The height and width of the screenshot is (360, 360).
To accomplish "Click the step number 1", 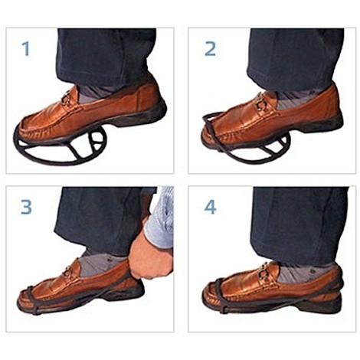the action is [x=26, y=49].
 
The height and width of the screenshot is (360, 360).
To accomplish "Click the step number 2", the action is [x=210, y=49].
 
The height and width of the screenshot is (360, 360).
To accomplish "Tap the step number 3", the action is [x=26, y=207].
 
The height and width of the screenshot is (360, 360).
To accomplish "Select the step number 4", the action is [x=210, y=207].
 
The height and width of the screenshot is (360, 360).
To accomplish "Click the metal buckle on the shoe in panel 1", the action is [x=66, y=98].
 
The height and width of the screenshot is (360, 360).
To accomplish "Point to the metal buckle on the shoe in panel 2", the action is [x=261, y=103].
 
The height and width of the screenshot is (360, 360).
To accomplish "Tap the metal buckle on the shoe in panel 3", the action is [x=67, y=272].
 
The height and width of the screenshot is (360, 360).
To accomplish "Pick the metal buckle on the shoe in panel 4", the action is [x=263, y=273].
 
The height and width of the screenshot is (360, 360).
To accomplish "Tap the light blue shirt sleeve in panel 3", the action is [x=162, y=217].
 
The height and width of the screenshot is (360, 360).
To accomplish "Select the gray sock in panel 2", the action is [x=293, y=99].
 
